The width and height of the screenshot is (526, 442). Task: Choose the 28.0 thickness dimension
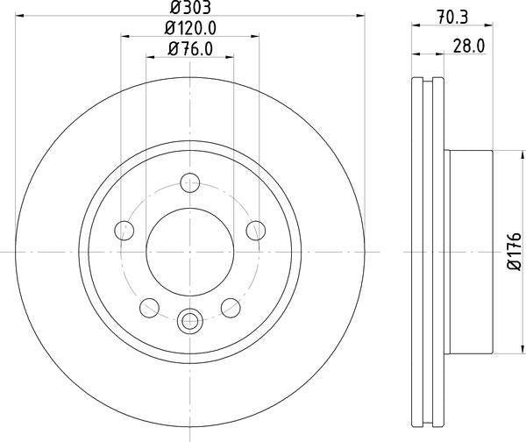[468, 47]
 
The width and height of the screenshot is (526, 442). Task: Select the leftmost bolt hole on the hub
[124, 231]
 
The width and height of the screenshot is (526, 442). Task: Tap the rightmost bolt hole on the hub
[255, 231]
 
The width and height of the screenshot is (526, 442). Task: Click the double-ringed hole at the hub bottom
[189, 321]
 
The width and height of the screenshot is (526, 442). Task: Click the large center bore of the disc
[189, 251]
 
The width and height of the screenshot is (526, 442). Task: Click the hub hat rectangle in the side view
[469, 251]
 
